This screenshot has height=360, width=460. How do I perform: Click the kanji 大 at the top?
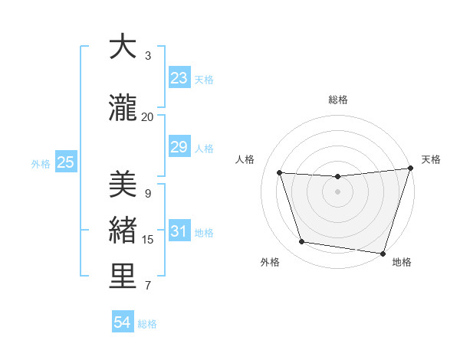point(123,47)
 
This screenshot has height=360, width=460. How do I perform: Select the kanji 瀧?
point(123,109)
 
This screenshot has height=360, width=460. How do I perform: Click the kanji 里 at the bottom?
point(123,277)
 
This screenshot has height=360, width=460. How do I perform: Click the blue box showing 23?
point(179,78)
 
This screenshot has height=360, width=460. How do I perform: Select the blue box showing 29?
point(179,147)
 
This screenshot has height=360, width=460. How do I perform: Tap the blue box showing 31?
point(179,231)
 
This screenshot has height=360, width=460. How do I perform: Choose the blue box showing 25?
point(65,162)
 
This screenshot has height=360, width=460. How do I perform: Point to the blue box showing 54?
point(123,323)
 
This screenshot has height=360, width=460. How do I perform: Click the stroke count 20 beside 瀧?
point(148,117)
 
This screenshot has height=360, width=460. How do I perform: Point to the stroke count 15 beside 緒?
point(148,240)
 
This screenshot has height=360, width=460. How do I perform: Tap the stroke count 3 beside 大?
point(148,56)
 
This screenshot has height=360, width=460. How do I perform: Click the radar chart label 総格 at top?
point(338,100)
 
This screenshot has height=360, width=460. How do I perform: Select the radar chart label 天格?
point(431,159)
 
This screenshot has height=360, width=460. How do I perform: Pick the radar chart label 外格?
point(270,262)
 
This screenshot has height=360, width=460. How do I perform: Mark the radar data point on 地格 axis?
point(383,253)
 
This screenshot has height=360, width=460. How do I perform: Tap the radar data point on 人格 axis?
point(280,173)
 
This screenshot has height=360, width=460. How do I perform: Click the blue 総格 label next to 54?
point(147,324)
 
